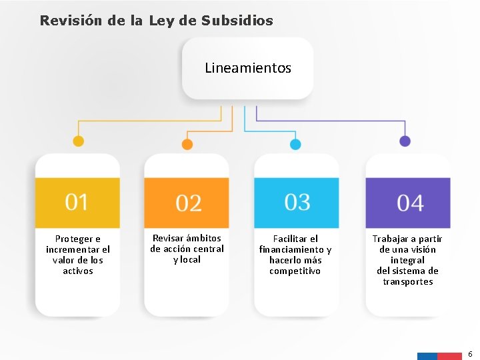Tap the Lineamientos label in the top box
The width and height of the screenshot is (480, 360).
[248, 68]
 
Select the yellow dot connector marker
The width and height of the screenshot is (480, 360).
[78, 141]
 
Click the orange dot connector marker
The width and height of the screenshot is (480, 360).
[187, 144]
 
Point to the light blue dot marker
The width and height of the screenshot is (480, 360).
[295, 144]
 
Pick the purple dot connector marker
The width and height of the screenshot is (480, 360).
[405, 141]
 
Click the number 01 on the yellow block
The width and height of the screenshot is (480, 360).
[77, 201]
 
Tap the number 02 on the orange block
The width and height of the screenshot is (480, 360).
[188, 203]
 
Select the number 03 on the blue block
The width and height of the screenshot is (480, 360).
[297, 201]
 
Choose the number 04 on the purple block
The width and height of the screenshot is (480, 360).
[410, 203]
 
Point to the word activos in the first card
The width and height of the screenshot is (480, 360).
[78, 271]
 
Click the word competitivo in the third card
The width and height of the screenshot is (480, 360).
[295, 271]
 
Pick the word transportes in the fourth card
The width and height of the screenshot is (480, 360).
[408, 281]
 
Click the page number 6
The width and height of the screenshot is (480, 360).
[470, 353]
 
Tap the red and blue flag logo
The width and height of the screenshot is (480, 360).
[439, 356]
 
